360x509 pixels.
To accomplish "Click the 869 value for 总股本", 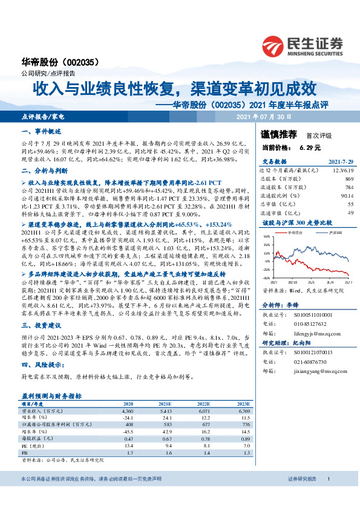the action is [349, 179].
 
